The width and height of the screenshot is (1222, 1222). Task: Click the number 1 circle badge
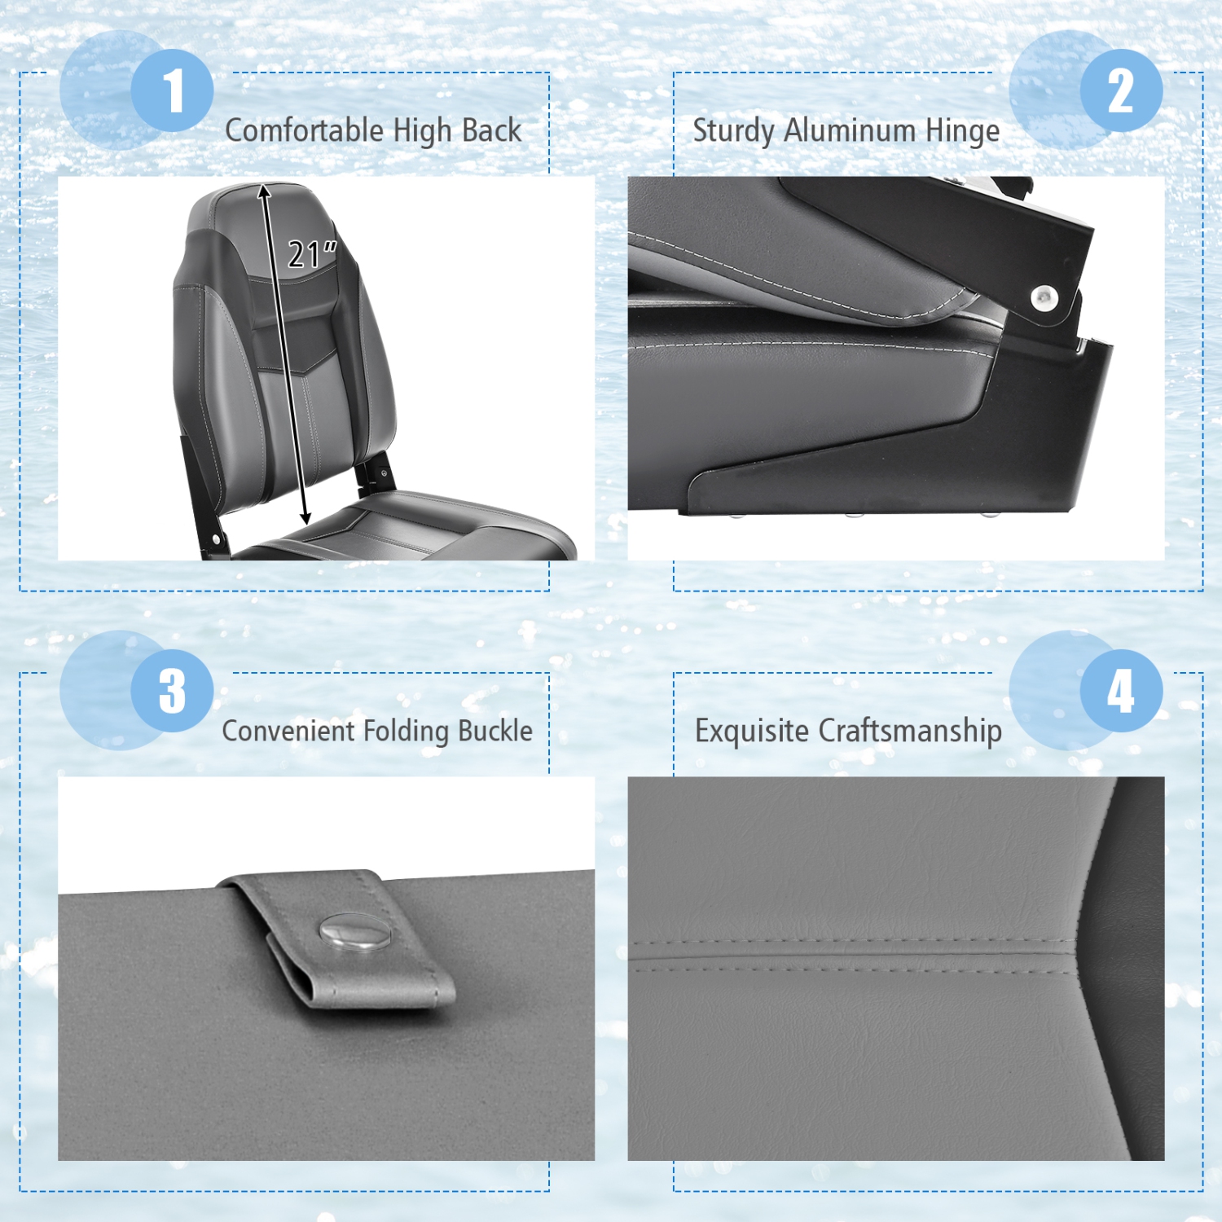point(172,90)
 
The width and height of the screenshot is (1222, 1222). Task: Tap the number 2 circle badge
point(1121,90)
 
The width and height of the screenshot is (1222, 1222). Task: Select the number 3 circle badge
point(172,691)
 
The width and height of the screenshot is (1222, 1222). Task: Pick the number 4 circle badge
point(1121,691)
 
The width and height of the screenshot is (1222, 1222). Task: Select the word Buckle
point(495,731)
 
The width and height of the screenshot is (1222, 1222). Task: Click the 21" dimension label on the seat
point(311,254)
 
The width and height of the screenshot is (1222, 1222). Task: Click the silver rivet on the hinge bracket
point(1044,297)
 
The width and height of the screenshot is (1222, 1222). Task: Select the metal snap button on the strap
point(354,932)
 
